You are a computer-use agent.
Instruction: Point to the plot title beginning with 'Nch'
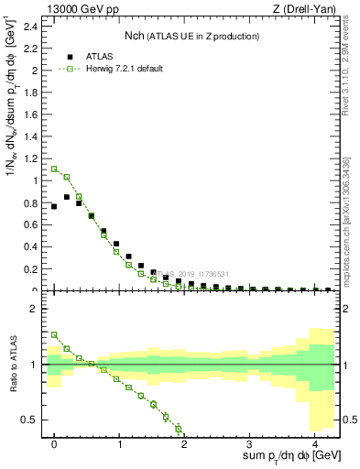191,36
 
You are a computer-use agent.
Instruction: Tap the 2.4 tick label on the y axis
30,26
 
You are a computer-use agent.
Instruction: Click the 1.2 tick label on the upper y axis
30,158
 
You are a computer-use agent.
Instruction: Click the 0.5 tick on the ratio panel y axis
28,420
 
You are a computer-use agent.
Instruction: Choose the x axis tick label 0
55,443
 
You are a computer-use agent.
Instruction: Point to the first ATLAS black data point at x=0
54,206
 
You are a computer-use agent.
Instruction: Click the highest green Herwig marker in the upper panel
54,169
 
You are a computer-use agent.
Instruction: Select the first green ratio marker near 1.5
54,335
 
